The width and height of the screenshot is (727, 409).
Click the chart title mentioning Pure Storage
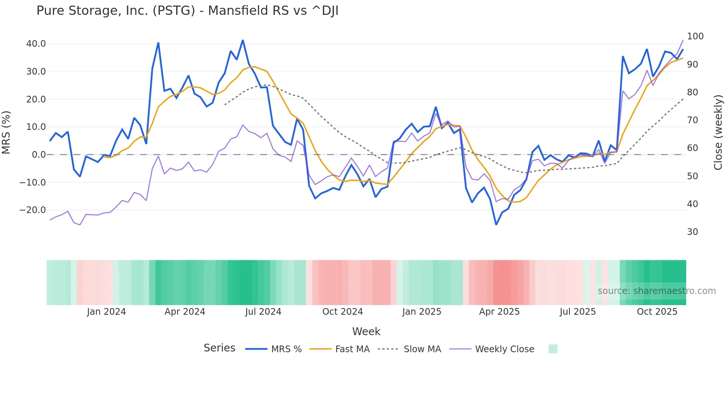click(187, 11)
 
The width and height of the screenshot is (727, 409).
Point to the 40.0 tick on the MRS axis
click(36, 44)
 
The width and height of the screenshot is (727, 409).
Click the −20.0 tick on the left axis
click(33, 210)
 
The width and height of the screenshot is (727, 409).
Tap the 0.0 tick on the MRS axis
click(39, 155)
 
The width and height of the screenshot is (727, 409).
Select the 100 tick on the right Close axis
click(695, 36)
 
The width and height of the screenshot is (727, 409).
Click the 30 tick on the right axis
click(693, 232)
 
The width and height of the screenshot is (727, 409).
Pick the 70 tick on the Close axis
click(693, 120)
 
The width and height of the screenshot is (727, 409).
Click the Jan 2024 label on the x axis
click(106, 312)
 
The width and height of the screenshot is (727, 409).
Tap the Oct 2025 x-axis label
click(657, 312)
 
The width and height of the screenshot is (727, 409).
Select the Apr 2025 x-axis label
click(499, 312)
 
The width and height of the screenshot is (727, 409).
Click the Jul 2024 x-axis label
click(263, 312)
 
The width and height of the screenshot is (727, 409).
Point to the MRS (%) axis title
click(6, 132)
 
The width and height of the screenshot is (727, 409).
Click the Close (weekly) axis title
click(718, 132)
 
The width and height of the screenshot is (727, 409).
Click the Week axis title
click(366, 331)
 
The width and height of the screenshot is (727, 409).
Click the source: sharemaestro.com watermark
click(657, 291)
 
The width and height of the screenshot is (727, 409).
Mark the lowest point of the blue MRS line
click(496, 225)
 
